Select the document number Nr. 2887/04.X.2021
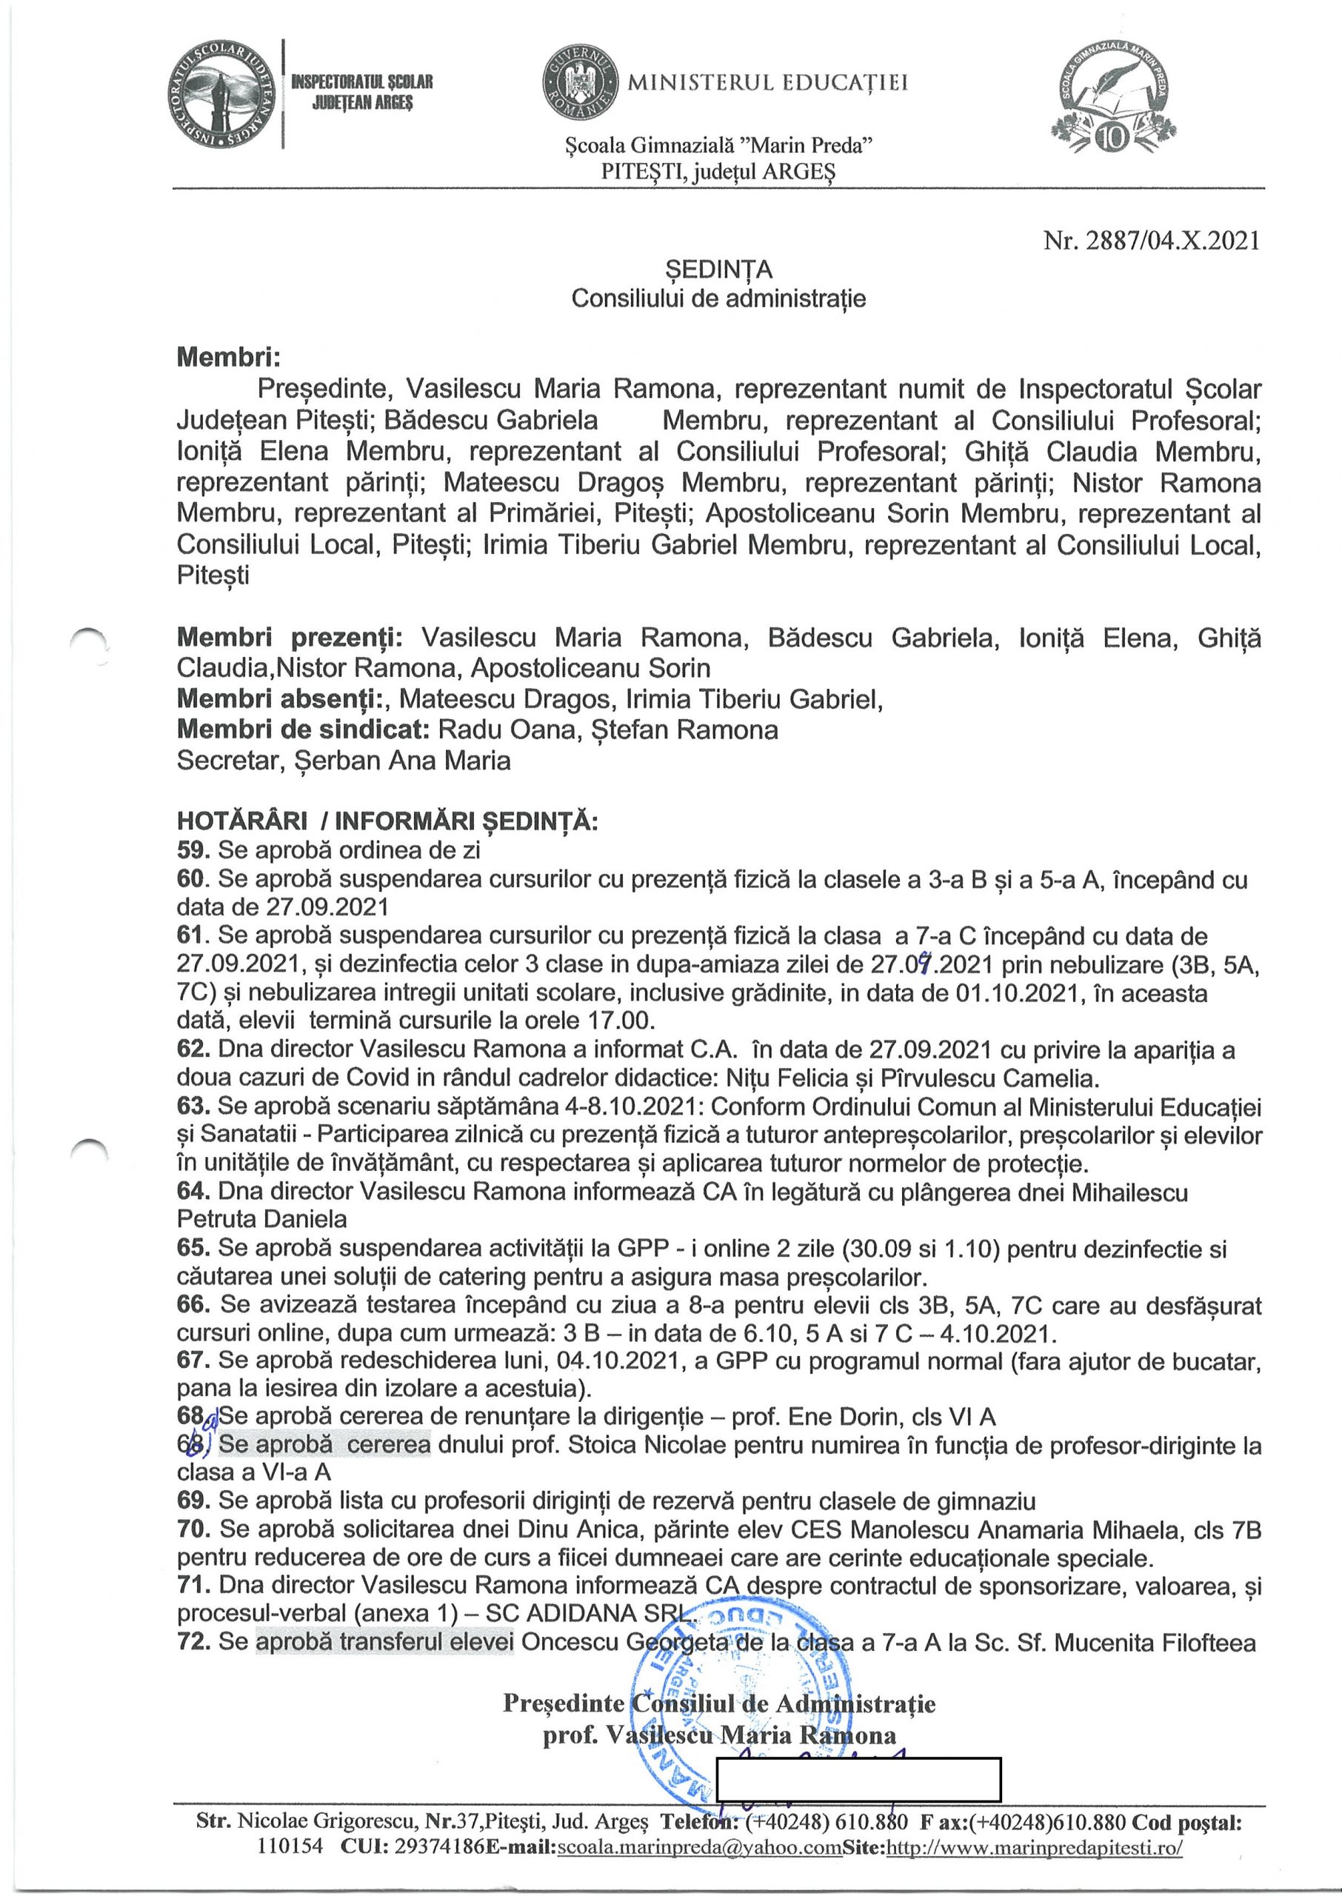tap(1151, 241)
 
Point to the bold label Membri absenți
tap(283, 699)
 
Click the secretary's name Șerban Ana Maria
tap(402, 760)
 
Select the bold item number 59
tap(194, 849)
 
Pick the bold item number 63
tap(194, 1107)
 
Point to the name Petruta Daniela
tap(262, 1218)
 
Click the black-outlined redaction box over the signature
tap(858, 1779)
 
